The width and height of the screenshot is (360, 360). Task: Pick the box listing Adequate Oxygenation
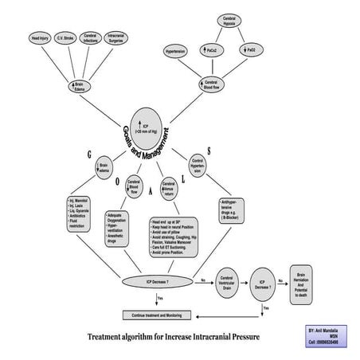pos(123,226)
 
